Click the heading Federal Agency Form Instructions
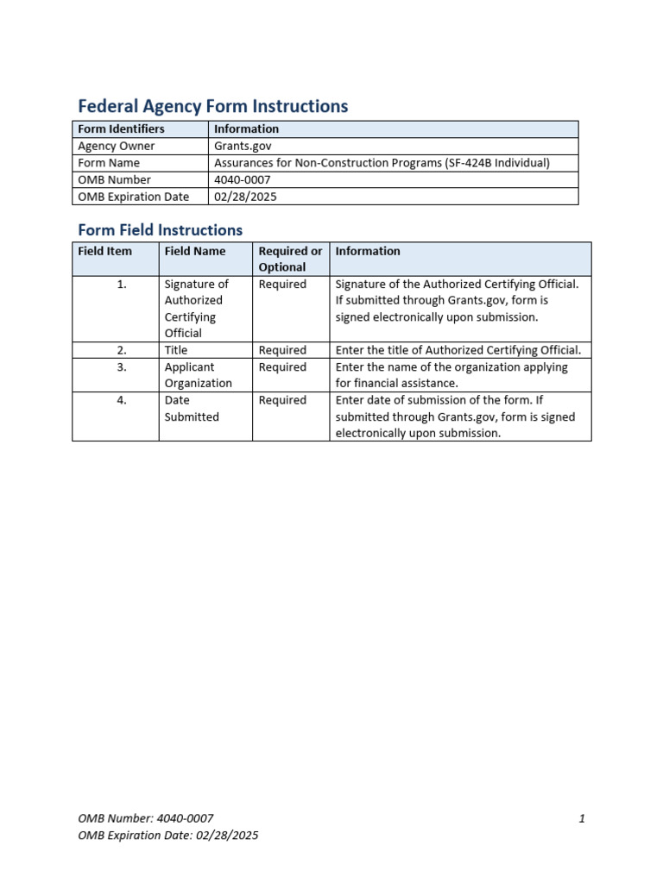point(212,106)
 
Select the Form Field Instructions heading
point(160,229)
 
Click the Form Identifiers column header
point(121,128)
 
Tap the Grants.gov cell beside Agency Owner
point(243,146)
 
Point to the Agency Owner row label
point(117,146)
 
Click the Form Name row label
point(109,162)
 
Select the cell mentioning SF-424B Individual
point(382,162)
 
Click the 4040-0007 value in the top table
point(242,179)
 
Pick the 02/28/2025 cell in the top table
point(246,196)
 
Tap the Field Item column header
point(105,251)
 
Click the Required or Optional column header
point(290,259)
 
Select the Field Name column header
point(195,251)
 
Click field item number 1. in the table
point(122,284)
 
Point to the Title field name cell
point(176,350)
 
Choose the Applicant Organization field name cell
point(199,375)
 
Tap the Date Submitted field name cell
point(192,408)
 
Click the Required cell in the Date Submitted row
point(282,400)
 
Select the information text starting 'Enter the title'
point(458,350)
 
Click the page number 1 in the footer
point(582,818)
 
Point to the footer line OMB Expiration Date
point(167,835)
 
